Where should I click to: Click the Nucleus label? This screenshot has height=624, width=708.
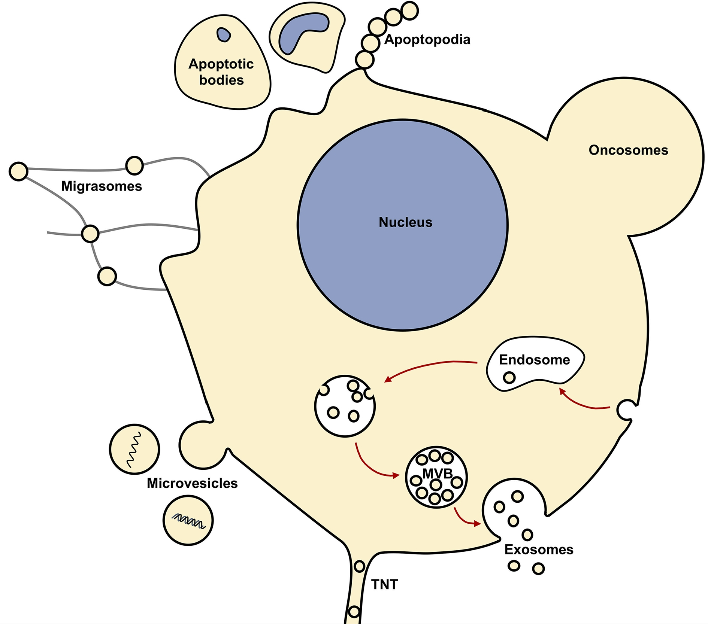pos(405,222)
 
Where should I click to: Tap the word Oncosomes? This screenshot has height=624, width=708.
pos(628,150)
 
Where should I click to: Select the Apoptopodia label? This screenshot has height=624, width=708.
pos(427,40)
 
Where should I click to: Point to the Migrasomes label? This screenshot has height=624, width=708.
pos(102,186)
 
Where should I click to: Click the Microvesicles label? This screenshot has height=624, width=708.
pos(192,483)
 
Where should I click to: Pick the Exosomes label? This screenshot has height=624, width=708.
pos(539,550)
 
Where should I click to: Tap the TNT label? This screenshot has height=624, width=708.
pos(384,584)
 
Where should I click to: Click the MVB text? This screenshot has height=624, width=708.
pos(437,474)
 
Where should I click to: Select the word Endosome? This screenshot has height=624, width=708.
pos(534,360)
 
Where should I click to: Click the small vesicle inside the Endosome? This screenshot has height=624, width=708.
pos(509,378)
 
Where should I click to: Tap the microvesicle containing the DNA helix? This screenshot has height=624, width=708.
pos(188,520)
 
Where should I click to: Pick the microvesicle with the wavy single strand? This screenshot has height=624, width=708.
pos(134,449)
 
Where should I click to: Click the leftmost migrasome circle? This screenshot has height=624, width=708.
pos(18,171)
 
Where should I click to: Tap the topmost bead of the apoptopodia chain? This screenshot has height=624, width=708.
pos(410,10)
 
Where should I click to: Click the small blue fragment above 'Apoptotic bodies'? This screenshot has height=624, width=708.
pos(224,35)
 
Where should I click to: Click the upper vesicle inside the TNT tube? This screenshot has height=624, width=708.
pos(359,566)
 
